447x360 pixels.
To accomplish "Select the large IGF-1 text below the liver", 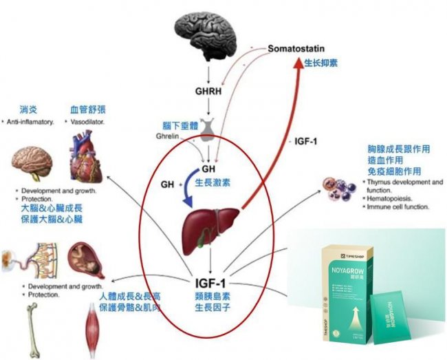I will pyautogui.click(x=212, y=281).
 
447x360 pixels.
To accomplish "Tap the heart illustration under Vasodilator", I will pyautogui.click(x=87, y=160).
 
